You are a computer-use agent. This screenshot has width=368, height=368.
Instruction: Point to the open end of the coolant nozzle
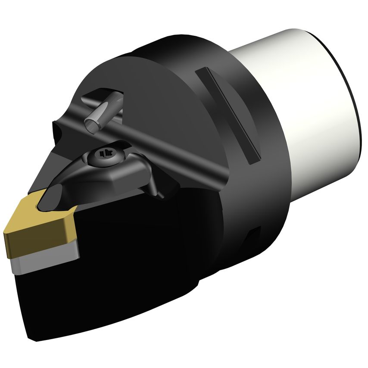point(91,125)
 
